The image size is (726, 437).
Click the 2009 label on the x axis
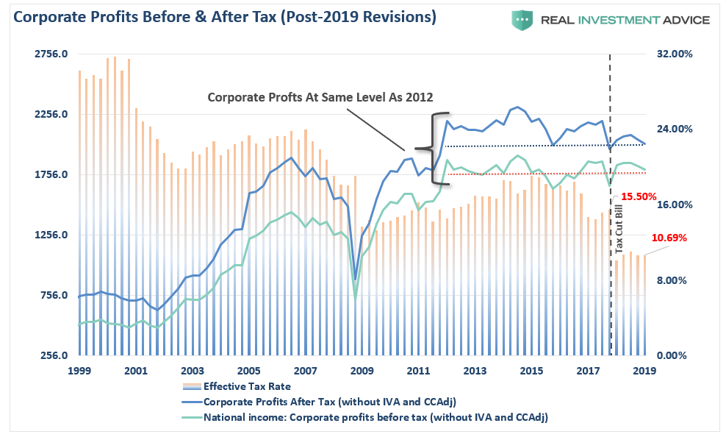[362, 372]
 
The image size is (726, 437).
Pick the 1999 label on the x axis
[79, 372]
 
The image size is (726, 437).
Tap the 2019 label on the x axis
[644, 372]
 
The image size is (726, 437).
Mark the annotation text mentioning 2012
[320, 97]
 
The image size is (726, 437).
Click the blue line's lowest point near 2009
[356, 280]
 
